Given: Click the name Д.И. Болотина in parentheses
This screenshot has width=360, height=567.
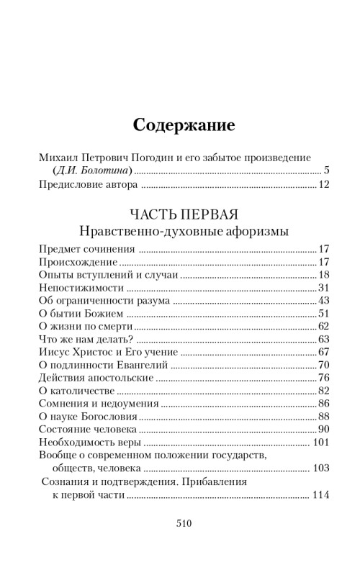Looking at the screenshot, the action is coord(93,171).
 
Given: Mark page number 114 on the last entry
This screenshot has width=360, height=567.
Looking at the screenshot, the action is coord(320,496).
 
